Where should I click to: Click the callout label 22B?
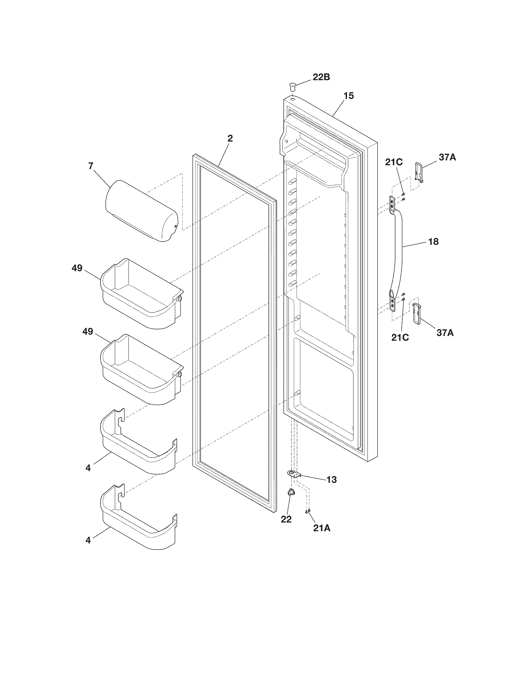321,77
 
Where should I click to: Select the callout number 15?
349,96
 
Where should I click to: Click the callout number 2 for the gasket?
230,139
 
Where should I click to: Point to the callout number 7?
91,166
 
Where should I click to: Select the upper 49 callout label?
77,268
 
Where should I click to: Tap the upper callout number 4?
88,477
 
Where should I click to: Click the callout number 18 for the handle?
433,242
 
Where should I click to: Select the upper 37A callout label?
447,158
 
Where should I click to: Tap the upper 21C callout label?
394,163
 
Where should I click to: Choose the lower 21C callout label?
400,338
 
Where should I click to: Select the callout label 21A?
322,528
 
